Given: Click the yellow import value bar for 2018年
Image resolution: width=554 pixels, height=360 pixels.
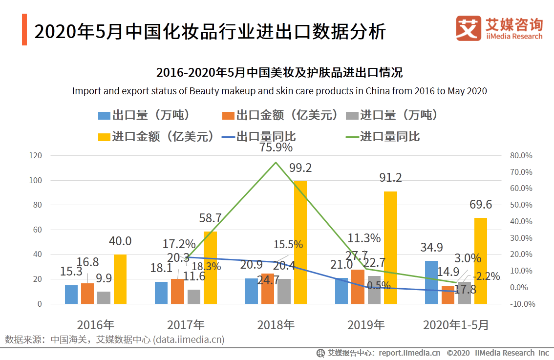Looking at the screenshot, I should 300,242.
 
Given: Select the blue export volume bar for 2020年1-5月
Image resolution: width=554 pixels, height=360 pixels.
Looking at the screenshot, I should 431,282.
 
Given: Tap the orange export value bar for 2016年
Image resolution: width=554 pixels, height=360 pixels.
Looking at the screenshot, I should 87,293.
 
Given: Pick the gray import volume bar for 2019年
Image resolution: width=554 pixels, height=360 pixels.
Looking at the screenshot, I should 374,290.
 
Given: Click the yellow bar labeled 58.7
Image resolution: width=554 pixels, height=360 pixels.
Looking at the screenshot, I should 210,268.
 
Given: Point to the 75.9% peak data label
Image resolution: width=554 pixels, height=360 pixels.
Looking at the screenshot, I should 276,147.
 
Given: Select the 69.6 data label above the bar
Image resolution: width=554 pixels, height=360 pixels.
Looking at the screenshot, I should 481,205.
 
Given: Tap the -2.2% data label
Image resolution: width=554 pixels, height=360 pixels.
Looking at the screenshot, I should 486,276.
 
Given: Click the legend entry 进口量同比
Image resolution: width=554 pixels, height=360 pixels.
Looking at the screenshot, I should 383,136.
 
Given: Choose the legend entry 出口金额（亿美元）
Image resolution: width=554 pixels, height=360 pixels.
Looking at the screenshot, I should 280,115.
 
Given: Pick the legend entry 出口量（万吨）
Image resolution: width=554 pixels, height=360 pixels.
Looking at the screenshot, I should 145,115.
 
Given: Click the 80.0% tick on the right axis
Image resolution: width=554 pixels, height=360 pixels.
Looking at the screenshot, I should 521,155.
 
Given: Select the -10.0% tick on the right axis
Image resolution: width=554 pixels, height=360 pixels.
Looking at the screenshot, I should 521,304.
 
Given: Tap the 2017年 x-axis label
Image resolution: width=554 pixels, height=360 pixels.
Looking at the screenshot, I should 186,325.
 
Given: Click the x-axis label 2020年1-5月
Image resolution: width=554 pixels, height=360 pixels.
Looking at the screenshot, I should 455,325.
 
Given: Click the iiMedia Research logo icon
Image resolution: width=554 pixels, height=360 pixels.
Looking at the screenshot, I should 468,28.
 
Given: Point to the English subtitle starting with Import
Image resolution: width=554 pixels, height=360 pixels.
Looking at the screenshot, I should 279,91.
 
